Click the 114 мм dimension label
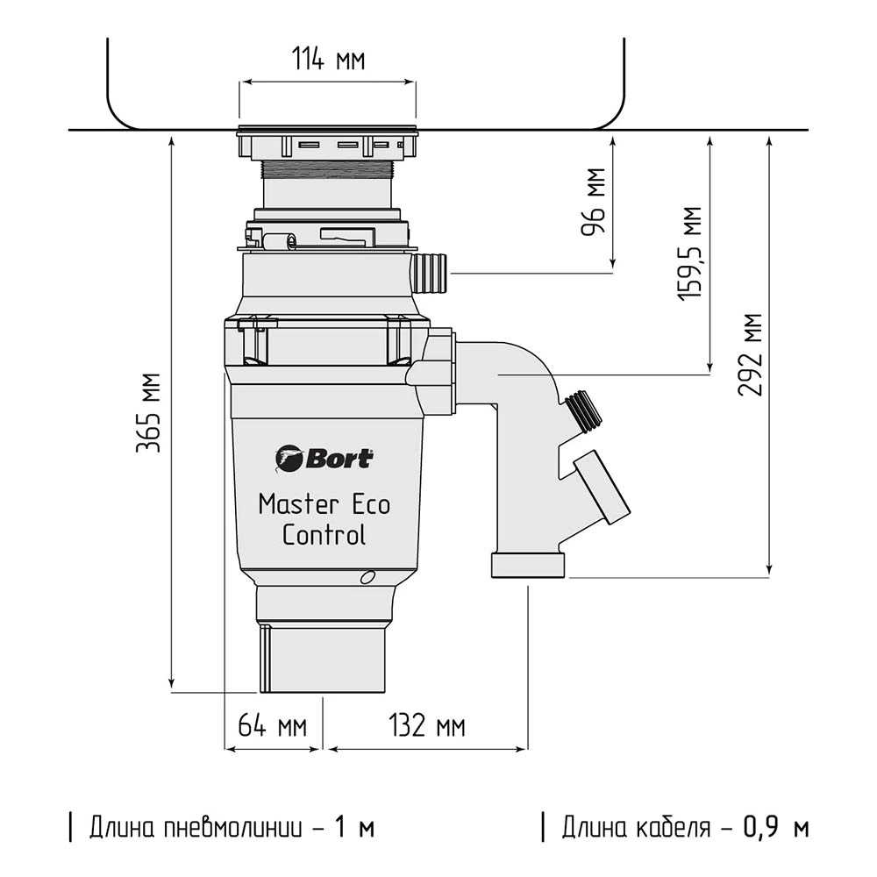click(328, 60)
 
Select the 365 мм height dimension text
click(148, 412)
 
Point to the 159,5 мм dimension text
click(690, 254)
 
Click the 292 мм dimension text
click(750, 355)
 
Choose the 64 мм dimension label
click(273, 726)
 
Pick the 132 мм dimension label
click(426, 726)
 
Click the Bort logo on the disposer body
click(324, 458)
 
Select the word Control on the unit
click(324, 534)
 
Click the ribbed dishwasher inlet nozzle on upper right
click(430, 273)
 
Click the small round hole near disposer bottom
click(367, 577)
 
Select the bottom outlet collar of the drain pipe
click(528, 566)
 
